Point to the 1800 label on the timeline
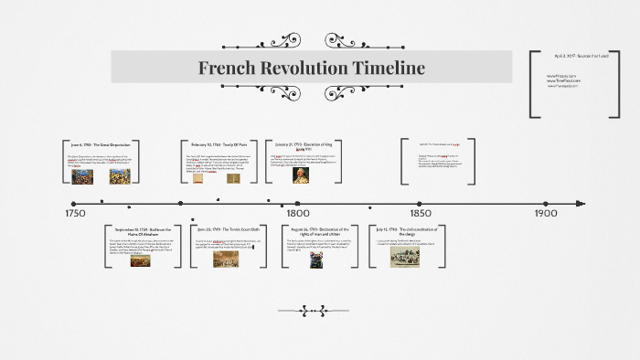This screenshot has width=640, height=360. pyautogui.click(x=297, y=213)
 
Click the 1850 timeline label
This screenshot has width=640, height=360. pyautogui.click(x=419, y=213)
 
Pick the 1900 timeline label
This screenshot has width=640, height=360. pyautogui.click(x=546, y=213)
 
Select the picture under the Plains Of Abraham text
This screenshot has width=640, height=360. pyautogui.click(x=140, y=259)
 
